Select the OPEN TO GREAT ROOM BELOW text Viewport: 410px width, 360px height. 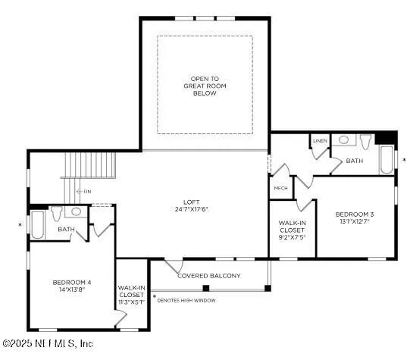pos(204,86)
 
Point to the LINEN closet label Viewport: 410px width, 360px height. pos(319,141)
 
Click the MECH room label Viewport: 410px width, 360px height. pos(280,188)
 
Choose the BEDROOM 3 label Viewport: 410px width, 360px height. pos(355,214)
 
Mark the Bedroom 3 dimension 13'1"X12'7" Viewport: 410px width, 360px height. pos(355,223)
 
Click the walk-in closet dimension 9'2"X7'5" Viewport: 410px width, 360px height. pos(292,236)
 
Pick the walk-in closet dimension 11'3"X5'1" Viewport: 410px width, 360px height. pos(132,302)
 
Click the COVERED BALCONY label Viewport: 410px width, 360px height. pos(208,276)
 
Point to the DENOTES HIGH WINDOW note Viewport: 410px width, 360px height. pos(186,300)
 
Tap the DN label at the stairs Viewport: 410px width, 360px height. pos(88,192)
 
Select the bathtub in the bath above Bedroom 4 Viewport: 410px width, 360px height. pos(38,224)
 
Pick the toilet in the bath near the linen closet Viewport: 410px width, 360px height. pos(365,142)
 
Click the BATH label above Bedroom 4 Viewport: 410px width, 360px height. pos(67,230)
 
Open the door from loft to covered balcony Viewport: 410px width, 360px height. pos(175,266)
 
